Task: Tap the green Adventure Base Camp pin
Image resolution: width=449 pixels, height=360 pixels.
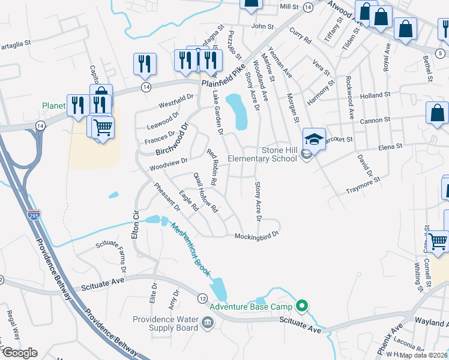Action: [x=303, y=307]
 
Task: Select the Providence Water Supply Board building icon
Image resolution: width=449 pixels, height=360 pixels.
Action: [x=207, y=323]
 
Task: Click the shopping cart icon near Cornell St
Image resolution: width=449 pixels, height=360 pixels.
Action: [x=438, y=241]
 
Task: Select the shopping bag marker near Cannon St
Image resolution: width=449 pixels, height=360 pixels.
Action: [x=438, y=112]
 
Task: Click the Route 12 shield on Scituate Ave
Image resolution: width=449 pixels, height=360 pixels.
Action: [x=202, y=298]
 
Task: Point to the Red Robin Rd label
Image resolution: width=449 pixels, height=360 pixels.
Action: [x=211, y=167]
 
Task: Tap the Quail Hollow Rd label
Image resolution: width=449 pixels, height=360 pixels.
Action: [x=205, y=193]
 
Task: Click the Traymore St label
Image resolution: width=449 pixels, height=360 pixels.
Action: [x=363, y=185]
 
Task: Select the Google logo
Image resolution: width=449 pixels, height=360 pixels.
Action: [x=20, y=352]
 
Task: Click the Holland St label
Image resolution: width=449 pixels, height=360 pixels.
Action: [x=375, y=94]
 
